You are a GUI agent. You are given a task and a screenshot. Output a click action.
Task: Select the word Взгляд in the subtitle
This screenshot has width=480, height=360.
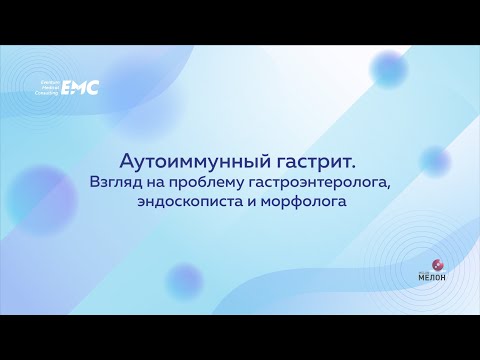(x=115, y=182)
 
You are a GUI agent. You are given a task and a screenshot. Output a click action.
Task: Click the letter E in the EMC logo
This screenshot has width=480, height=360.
(x=70, y=88)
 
